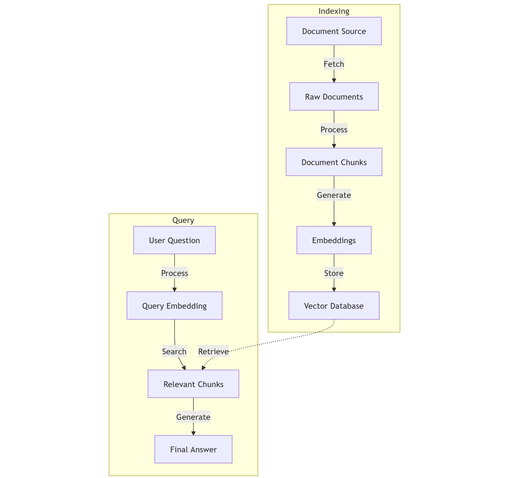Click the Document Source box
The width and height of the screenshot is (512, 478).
pos(334,31)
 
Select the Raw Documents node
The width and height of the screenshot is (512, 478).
pos(334,97)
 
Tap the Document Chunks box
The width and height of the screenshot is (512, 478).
pos(334,162)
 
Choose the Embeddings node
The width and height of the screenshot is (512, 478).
pos(334,240)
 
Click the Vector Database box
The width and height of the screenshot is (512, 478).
pos(334,306)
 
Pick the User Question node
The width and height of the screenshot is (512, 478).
pos(174,240)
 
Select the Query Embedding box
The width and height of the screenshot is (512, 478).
pos(174,306)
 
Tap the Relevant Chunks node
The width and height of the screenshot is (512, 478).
pos(193,384)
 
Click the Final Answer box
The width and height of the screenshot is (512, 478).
pos(193,449)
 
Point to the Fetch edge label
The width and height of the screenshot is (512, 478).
pos(334,64)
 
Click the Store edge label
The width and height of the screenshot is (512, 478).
pos(334,273)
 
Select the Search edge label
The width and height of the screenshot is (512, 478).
pos(174,352)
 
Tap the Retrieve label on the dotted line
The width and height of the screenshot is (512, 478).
pos(213,352)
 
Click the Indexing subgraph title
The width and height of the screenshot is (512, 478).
pos(334,11)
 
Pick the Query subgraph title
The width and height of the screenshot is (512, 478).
pos(183,220)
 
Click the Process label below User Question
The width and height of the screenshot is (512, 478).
pos(174,273)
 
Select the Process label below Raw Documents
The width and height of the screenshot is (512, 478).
pos(334,130)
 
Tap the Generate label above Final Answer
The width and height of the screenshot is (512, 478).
pos(193,417)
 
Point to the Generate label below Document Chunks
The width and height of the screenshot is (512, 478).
pos(334,195)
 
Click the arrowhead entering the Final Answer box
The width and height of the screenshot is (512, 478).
pos(193,433)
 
